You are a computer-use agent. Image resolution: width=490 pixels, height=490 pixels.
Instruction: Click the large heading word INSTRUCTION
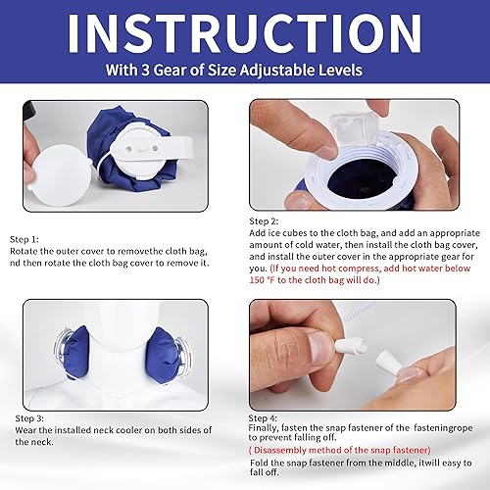245,34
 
